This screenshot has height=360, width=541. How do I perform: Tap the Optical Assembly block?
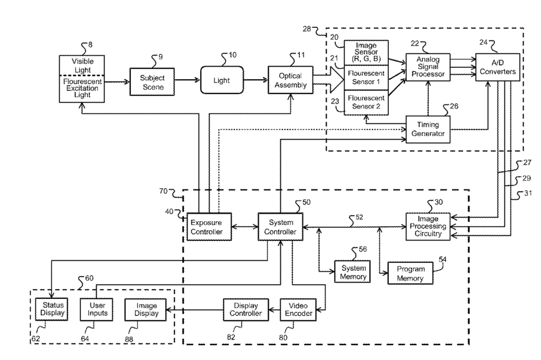(289, 80)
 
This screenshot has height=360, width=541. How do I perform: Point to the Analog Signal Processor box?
(427, 67)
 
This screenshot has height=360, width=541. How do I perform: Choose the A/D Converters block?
(497, 67)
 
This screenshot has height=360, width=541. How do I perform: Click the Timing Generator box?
(427, 129)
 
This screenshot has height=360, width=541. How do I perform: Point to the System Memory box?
(353, 272)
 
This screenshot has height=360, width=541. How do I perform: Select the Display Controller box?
(246, 310)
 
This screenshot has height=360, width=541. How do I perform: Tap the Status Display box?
(52, 310)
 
